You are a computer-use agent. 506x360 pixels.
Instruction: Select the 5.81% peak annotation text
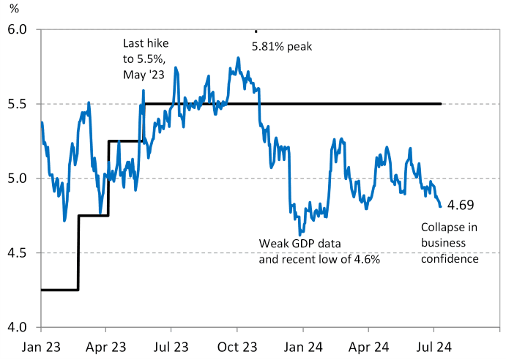(282, 47)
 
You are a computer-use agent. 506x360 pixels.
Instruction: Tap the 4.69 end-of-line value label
(460, 205)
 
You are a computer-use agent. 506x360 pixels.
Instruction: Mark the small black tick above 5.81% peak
(256, 31)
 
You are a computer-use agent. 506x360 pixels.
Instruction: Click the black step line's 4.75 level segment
(93, 215)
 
